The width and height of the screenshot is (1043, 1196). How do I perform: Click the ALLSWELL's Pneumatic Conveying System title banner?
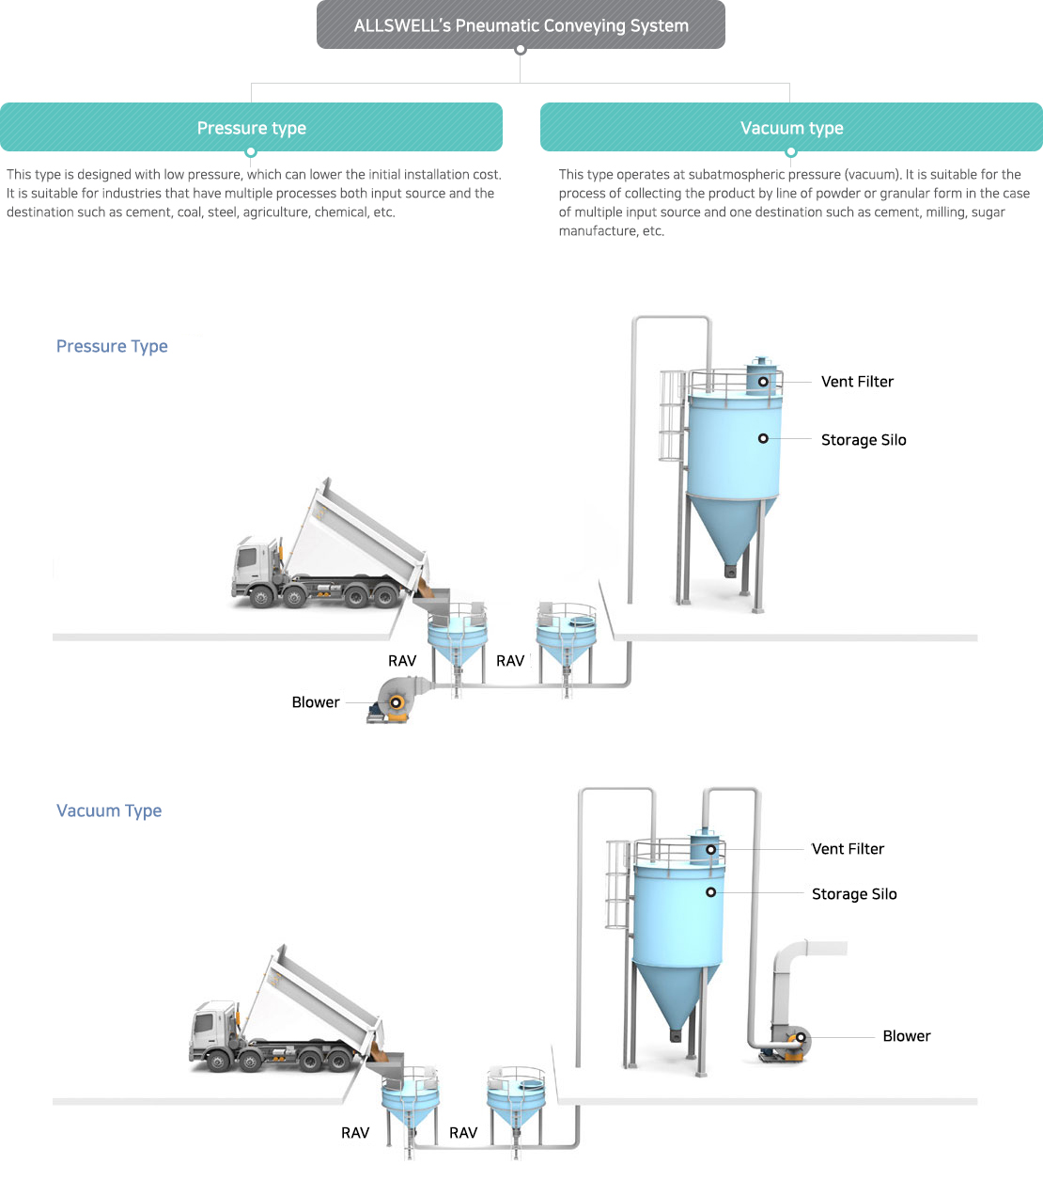[521, 25]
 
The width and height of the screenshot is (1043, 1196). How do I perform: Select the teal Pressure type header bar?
[251, 128]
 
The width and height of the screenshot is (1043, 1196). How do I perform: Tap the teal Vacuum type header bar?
[791, 128]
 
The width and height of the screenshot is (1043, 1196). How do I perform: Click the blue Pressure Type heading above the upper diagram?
[112, 346]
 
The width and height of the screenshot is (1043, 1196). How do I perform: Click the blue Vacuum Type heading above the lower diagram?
[109, 810]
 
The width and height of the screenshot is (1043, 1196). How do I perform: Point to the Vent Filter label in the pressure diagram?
[857, 382]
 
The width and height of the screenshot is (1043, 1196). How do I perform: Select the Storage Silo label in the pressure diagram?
[864, 440]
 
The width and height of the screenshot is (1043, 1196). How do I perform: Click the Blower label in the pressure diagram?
[316, 702]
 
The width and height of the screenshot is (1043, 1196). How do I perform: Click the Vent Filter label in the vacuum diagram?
[848, 849]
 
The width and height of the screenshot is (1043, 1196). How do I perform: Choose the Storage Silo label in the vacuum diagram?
[854, 894]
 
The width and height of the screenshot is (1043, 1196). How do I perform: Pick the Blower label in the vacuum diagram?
[907, 1036]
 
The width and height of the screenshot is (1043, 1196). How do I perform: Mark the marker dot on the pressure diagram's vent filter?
[763, 382]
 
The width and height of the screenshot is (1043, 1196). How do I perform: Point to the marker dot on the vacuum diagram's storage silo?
[710, 892]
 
